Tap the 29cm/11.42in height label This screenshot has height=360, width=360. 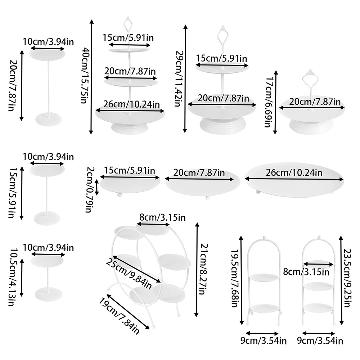point(177,78)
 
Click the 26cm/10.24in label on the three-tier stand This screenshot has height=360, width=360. point(130,104)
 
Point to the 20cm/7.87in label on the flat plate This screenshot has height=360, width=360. point(199,173)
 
